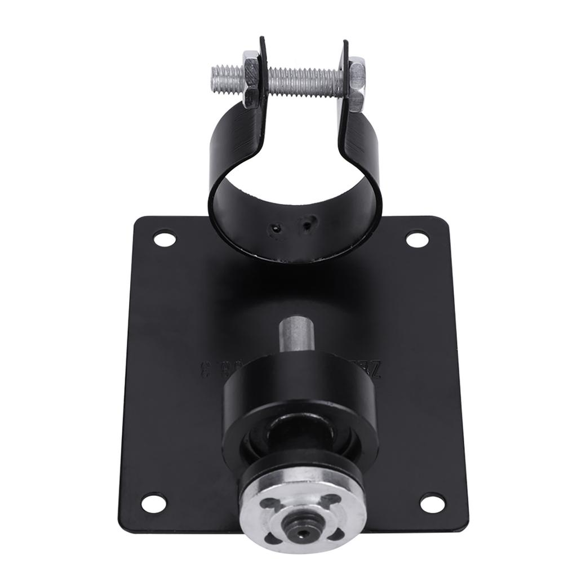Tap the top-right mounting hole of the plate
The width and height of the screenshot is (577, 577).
tap(416, 239)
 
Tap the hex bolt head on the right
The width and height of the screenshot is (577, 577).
tap(356, 86)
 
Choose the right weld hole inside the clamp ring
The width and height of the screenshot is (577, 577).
tap(307, 226)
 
